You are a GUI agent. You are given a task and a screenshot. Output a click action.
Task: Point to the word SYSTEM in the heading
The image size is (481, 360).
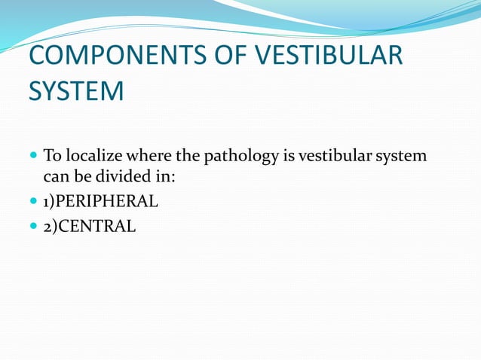click(76, 92)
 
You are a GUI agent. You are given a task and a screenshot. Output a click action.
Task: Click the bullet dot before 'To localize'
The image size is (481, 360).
click(33, 157)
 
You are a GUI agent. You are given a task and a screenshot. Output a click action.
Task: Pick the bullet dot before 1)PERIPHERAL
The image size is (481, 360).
click(33, 201)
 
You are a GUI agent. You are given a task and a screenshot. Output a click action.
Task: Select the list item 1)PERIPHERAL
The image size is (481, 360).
click(101, 201)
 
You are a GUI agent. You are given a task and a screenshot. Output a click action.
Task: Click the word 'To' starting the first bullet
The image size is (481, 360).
click(53, 157)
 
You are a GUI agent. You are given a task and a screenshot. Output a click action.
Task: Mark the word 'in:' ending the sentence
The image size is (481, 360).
click(163, 178)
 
